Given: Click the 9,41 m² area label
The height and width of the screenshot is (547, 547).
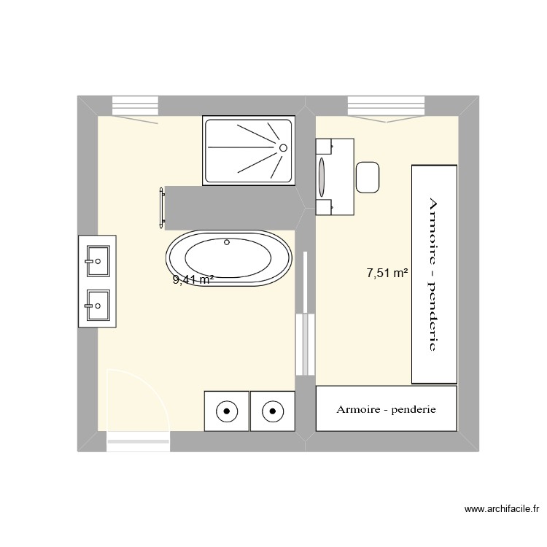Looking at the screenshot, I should pos(193,279).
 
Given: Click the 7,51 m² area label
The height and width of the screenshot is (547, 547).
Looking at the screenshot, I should pos(387,273).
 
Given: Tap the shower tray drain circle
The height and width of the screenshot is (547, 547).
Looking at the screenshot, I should pos(282,148).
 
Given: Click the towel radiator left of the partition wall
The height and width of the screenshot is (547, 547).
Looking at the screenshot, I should pos(161,209).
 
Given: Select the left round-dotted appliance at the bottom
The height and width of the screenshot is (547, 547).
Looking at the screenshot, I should pos(227,411).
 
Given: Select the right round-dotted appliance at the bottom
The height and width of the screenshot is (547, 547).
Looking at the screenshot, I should pos(272,411).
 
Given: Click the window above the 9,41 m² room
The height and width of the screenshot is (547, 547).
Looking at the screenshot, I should pos(135,106).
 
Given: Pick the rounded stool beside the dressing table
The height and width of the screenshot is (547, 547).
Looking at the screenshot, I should pos(368,178).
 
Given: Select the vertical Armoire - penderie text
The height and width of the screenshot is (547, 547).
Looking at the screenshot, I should pos(433,273).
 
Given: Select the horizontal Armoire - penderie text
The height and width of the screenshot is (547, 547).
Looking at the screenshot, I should pos(386,409).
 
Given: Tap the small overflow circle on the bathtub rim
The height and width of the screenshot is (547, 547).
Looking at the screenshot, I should pos(227,241).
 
